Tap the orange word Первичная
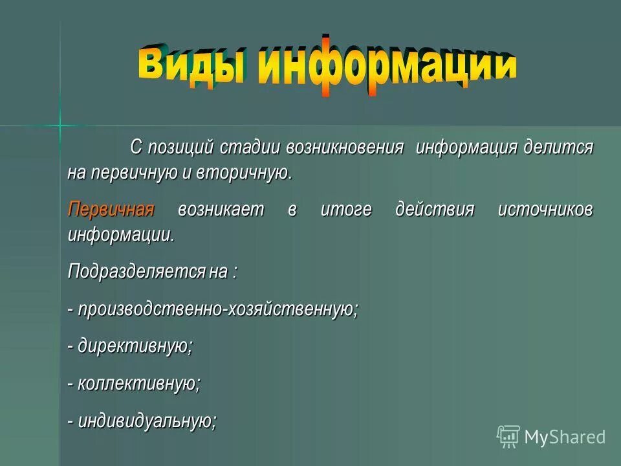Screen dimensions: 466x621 click(111, 210)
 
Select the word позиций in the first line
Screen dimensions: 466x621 click(180, 147)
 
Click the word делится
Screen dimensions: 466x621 click(560, 147)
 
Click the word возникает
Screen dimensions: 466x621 click(222, 210)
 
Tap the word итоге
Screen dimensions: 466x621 click(346, 210)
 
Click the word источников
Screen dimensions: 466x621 click(545, 210)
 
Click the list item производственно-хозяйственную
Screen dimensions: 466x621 click(217, 309)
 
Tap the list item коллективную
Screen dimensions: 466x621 click(138, 383)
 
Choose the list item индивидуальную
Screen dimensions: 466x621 click(146, 421)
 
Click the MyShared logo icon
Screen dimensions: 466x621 click(508, 437)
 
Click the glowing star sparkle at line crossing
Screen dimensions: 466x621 click(60, 124)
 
